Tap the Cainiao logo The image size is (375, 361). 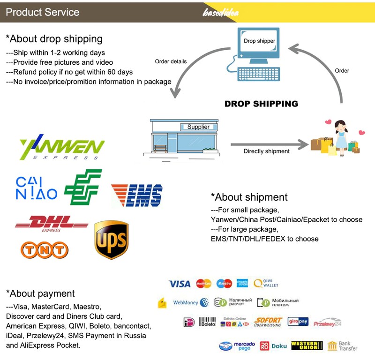pyautogui.click(x=36, y=188)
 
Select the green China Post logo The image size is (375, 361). pyautogui.click(x=82, y=187)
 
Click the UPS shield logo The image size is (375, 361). pyautogui.click(x=111, y=241)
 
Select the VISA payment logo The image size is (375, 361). pyautogui.click(x=180, y=284)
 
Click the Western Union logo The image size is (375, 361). pyautogui.click(x=307, y=346)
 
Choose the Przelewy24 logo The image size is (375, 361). pyautogui.click(x=327, y=322)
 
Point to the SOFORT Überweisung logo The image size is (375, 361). pyautogui.click(x=268, y=322)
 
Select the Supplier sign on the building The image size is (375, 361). pyautogui.click(x=198, y=127)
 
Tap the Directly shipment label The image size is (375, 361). pyautogui.click(x=266, y=151)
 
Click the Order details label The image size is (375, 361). pyautogui.click(x=171, y=61)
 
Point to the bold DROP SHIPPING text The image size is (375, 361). pyautogui.click(x=261, y=104)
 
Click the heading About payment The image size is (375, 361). pyautogui.click(x=40, y=293)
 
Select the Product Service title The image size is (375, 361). pyautogui.click(x=42, y=12)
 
